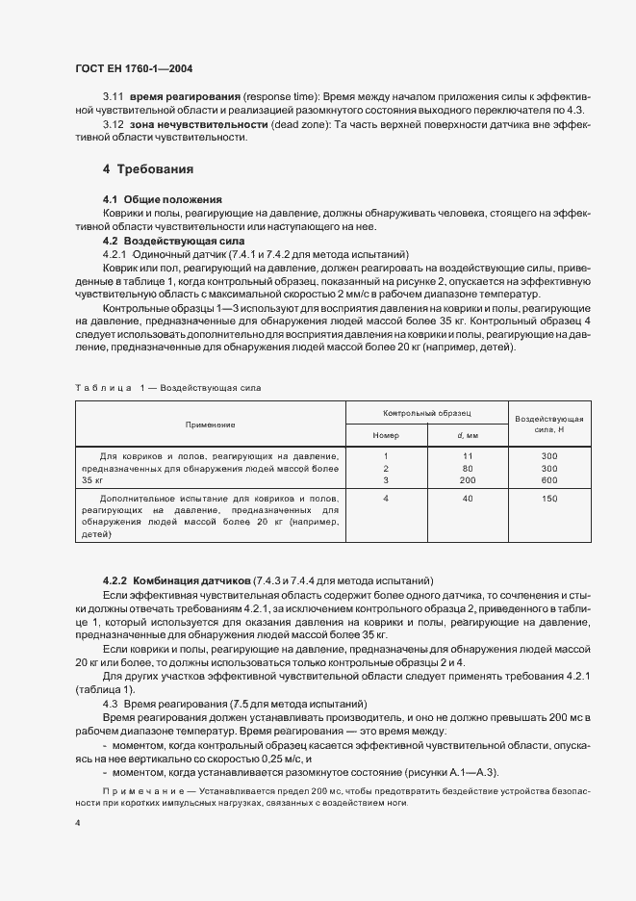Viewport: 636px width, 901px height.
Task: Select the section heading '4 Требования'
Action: click(x=148, y=169)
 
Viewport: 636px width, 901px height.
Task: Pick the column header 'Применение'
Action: click(x=211, y=424)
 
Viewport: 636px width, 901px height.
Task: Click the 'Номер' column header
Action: click(x=385, y=435)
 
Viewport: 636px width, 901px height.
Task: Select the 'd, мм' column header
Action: click(x=468, y=435)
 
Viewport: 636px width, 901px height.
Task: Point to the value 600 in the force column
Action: click(x=549, y=479)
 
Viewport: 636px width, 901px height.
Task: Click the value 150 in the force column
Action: click(x=549, y=499)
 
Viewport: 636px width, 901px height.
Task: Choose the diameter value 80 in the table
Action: click(x=468, y=467)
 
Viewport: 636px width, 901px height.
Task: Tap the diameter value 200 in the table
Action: click(x=468, y=479)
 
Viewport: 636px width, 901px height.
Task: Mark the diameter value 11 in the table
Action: click(x=468, y=455)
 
